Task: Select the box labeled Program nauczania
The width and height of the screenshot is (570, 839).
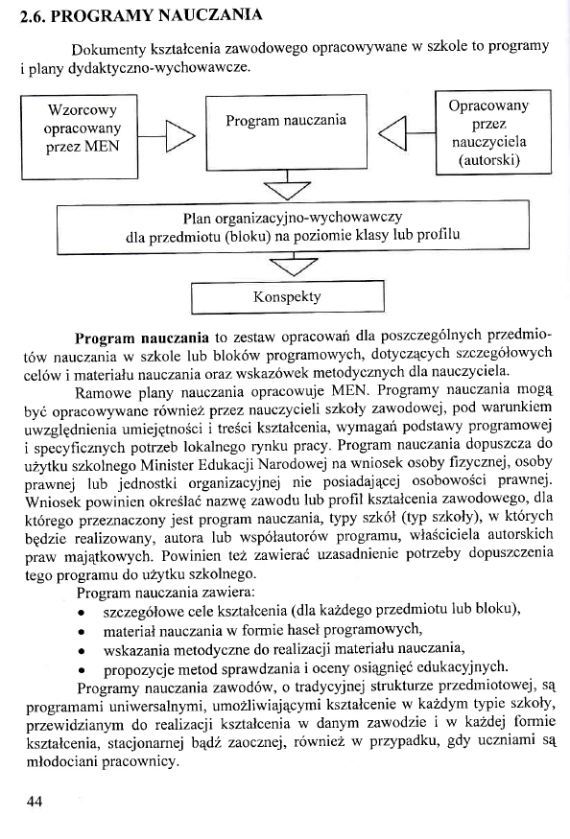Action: coord(286,122)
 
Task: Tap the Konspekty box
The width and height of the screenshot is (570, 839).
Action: coord(287,296)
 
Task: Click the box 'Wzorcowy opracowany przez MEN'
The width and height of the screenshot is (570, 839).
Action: coord(83,128)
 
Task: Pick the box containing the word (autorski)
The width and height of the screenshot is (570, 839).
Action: coord(488,132)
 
